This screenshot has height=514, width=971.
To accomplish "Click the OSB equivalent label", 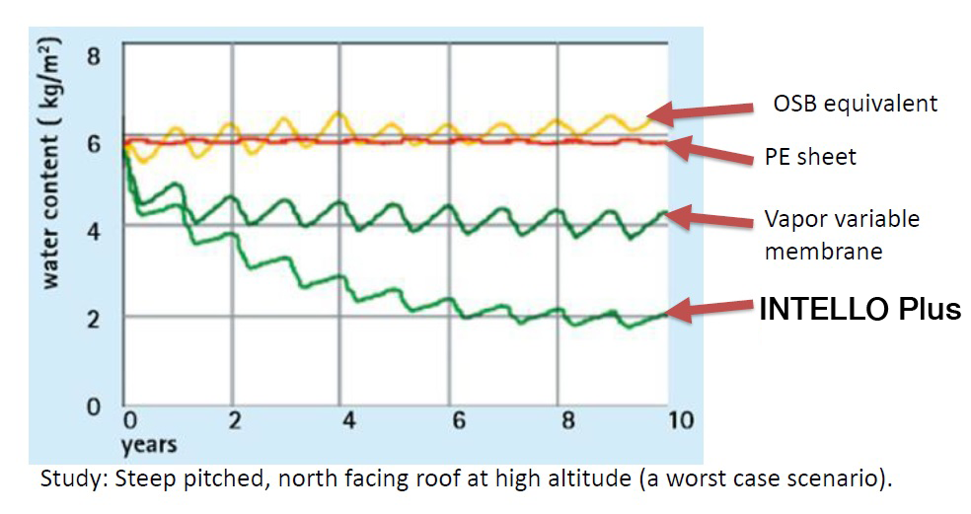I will coord(854,104).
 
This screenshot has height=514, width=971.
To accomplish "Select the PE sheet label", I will coord(812,156).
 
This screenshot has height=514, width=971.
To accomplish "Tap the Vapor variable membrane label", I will coord(841,235).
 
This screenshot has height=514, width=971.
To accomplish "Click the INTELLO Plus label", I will coord(859,309).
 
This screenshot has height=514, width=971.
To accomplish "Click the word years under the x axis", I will coord(148,445).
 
